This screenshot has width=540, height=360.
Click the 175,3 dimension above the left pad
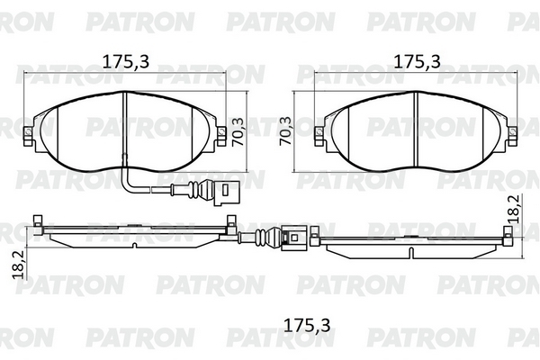tap(126, 61)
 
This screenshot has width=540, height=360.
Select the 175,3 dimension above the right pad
tap(417, 61)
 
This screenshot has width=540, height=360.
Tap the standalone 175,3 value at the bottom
tap(307, 325)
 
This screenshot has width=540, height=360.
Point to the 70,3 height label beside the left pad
tap(238, 132)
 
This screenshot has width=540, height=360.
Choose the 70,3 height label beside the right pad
tap(285, 130)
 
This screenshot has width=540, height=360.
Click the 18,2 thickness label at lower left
tap(19, 265)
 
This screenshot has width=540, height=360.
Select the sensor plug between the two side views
tap(292, 238)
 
